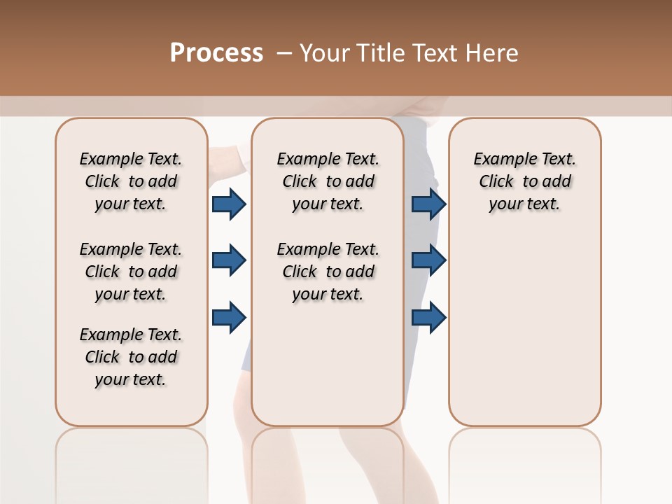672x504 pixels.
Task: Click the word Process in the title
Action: pyautogui.click(x=216, y=53)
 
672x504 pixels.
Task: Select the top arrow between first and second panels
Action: pyautogui.click(x=229, y=204)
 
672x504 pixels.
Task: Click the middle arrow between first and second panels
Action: pyautogui.click(x=229, y=260)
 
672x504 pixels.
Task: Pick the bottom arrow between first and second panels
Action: pyautogui.click(x=229, y=317)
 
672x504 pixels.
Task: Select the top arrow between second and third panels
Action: pyautogui.click(x=428, y=204)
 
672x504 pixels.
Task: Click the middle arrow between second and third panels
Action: pyautogui.click(x=428, y=260)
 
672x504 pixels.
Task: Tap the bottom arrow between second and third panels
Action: pyautogui.click(x=428, y=317)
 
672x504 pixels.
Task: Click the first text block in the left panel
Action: pyautogui.click(x=131, y=181)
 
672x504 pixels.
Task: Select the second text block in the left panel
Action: pyautogui.click(x=131, y=272)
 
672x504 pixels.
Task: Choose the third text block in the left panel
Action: pyautogui.click(x=131, y=357)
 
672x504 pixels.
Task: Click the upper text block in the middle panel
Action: pyautogui.click(x=328, y=181)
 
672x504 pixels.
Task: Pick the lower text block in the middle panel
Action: pyautogui.click(x=328, y=272)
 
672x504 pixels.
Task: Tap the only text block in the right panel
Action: pyautogui.click(x=524, y=181)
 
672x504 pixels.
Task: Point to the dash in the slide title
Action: pyautogui.click(x=284, y=53)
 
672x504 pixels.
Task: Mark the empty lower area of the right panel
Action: pyautogui.click(x=524, y=329)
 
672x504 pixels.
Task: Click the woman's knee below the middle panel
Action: pyautogui.click(x=364, y=455)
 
